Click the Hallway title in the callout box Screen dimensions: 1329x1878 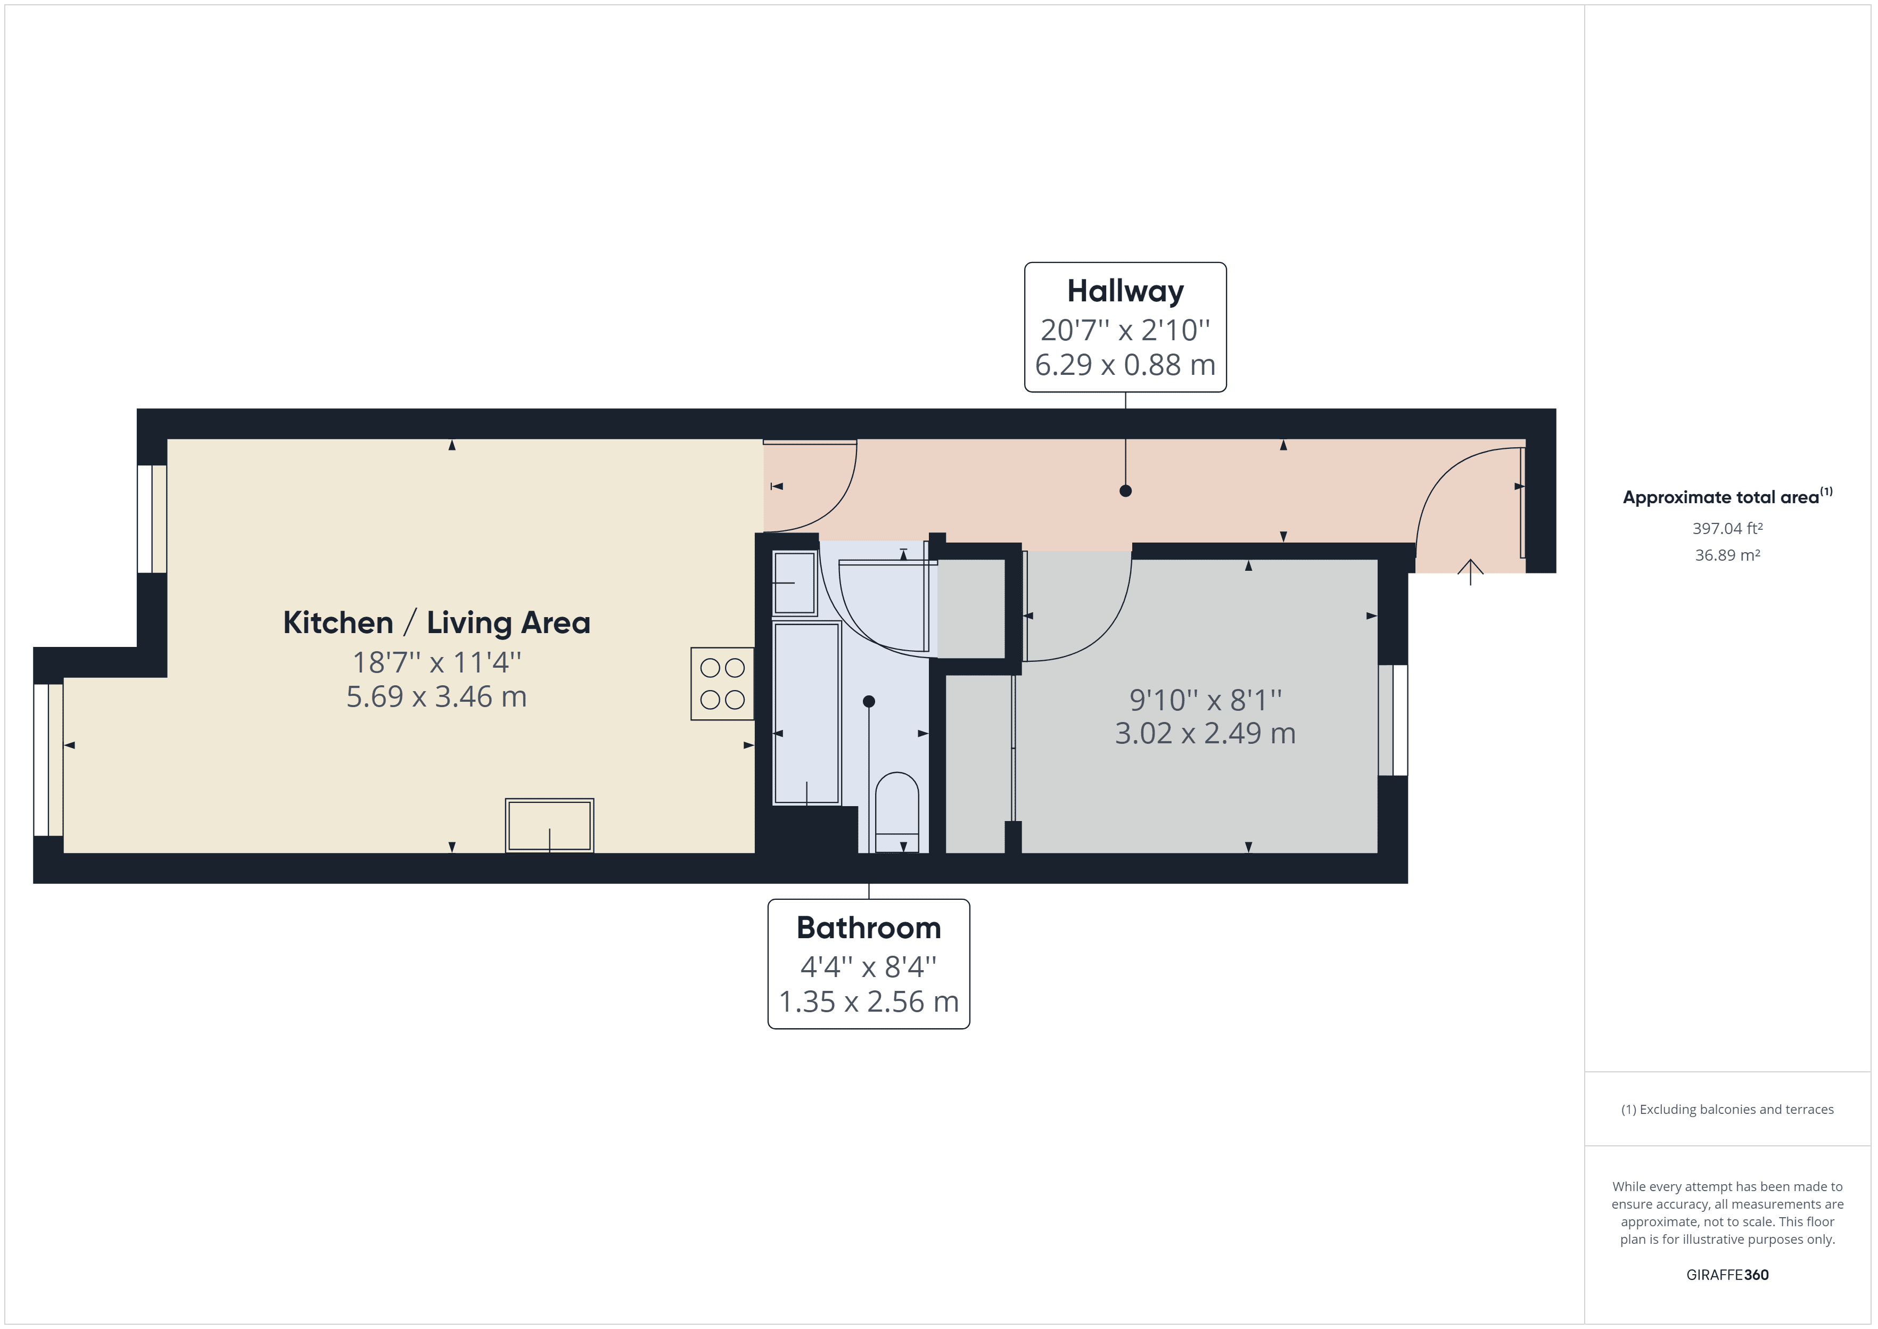tap(1125, 291)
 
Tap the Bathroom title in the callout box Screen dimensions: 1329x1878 tap(869, 928)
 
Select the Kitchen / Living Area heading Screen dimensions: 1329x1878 tap(436, 623)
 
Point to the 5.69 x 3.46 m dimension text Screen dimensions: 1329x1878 tap(436, 697)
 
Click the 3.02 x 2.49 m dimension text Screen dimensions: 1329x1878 tap(1205, 733)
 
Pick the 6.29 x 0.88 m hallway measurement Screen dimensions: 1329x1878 tap(1125, 365)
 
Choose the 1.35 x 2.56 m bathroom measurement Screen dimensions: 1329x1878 tap(869, 1002)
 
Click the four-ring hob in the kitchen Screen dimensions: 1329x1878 tap(722, 683)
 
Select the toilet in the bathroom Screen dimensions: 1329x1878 tap(897, 811)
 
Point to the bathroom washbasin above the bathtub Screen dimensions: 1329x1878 tap(794, 583)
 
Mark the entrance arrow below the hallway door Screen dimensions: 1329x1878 tap(1471, 571)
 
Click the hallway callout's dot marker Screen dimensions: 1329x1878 tap(1125, 491)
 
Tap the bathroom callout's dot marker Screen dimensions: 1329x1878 tap(869, 701)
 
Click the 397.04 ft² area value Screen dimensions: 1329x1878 tap(1727, 529)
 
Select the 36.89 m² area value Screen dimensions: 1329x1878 tap(1727, 555)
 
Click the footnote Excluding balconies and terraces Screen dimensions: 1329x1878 tap(1727, 1110)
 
